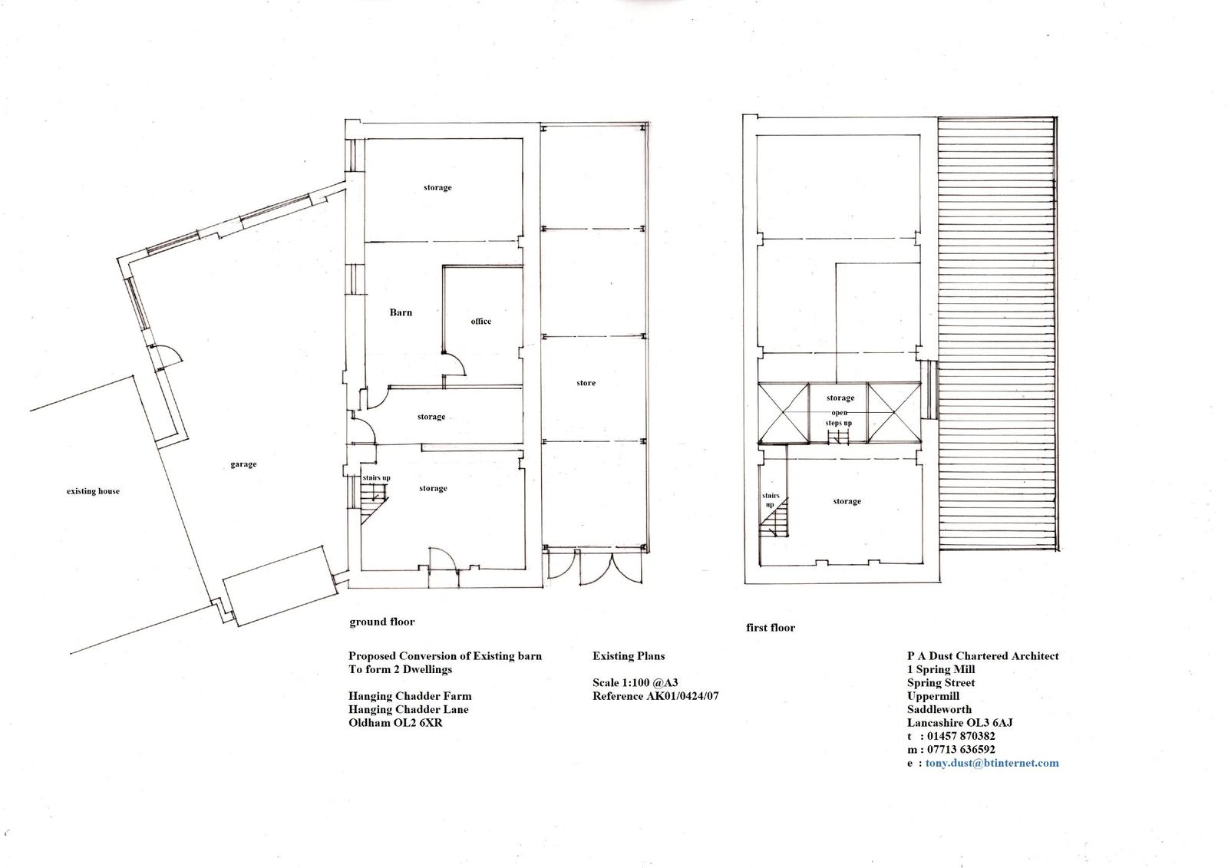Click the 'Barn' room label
point(401,312)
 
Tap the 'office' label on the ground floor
point(480,322)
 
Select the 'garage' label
point(243,464)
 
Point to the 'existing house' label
point(93,491)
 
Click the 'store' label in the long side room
point(586,383)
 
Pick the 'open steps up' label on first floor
point(839,417)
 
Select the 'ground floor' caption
point(382,622)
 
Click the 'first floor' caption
point(771,628)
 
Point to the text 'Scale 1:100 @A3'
point(635,683)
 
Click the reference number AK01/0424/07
point(682,696)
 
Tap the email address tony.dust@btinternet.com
point(992,764)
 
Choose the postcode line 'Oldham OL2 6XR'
point(395,723)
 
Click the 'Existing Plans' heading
point(629,656)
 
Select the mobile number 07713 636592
point(961,750)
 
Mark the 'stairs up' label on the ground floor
point(377,478)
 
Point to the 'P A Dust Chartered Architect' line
point(983,656)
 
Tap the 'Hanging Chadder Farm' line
point(410,696)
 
